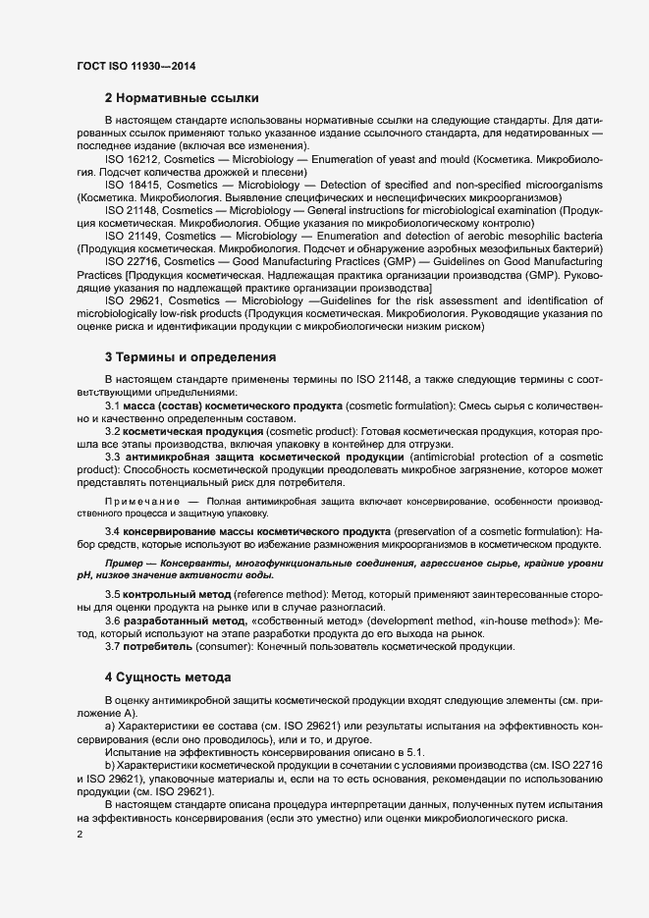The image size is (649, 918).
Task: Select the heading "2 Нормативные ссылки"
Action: (x=182, y=98)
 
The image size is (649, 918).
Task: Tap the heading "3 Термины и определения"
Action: (x=190, y=355)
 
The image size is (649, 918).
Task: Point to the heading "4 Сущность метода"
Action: (x=168, y=677)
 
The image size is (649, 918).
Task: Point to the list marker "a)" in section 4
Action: (x=110, y=725)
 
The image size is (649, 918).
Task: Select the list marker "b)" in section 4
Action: (x=110, y=763)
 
